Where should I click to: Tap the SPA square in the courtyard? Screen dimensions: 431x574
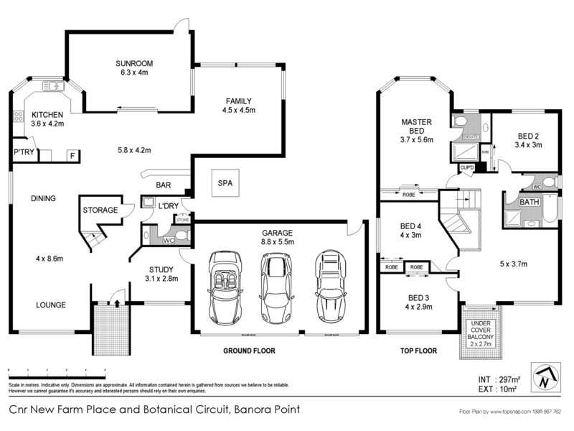[x=224, y=182]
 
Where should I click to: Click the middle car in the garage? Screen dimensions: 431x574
[x=273, y=287]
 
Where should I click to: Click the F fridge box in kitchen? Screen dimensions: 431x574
[x=72, y=154]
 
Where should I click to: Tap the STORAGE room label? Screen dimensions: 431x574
[x=100, y=210]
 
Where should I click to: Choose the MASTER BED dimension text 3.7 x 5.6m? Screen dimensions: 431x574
[x=415, y=140]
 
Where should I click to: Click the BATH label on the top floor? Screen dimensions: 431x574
[x=530, y=203]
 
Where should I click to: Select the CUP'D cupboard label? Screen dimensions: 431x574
[x=467, y=167]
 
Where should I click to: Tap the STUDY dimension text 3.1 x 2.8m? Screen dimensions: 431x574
[x=161, y=278]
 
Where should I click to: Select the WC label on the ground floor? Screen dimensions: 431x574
[x=169, y=241]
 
